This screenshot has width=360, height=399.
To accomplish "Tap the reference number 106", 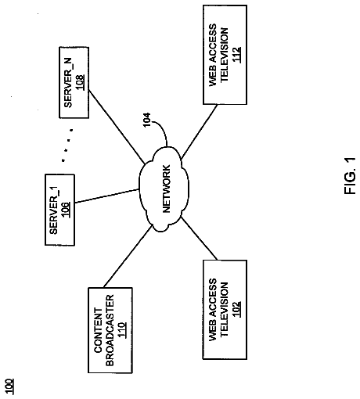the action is [66, 210].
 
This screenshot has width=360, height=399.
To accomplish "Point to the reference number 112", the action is [236, 55].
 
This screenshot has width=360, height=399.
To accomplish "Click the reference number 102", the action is [236, 309].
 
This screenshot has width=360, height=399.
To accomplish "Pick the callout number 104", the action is [147, 120].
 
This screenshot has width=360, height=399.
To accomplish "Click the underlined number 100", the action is [10, 386].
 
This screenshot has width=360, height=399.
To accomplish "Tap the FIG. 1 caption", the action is [350, 176].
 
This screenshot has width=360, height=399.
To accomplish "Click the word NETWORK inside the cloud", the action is [166, 189].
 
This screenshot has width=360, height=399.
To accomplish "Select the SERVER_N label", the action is [68, 82].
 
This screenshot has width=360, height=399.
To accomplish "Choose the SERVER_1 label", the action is [53, 210].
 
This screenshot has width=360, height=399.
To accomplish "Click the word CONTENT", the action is [99, 330].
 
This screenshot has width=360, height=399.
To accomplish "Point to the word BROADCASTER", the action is [110, 330].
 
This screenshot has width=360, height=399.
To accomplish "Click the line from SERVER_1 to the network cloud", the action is [106, 196].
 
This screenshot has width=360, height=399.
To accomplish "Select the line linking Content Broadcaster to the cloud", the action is [128, 257].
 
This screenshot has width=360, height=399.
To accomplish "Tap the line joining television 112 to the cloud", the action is [199, 131].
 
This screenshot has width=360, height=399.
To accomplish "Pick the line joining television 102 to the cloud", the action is [199, 238].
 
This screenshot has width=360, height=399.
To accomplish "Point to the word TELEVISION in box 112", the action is [224, 55].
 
